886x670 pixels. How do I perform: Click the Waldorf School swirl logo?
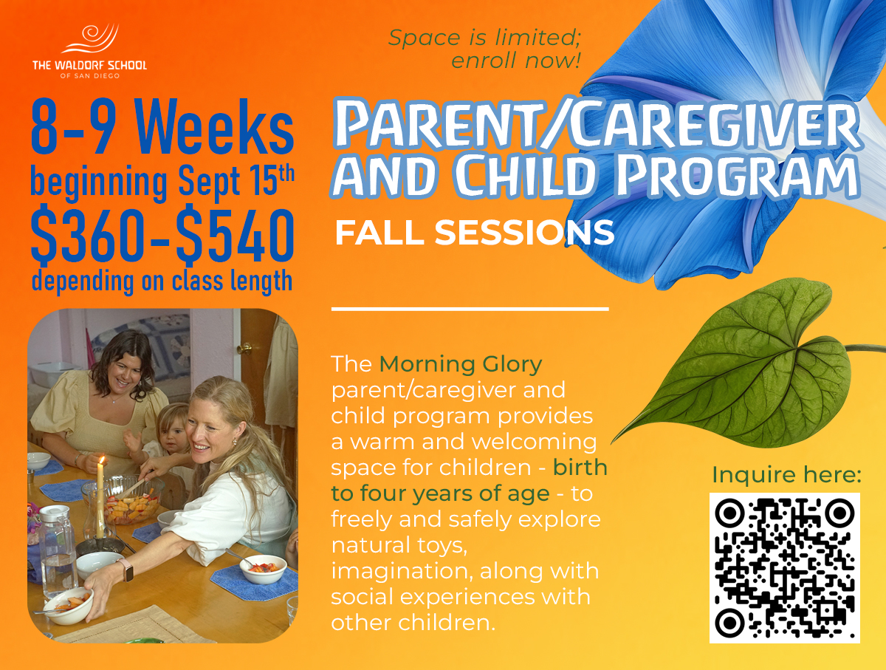(90, 38)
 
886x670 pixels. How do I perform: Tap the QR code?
(784, 567)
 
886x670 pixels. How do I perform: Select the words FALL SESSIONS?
(474, 233)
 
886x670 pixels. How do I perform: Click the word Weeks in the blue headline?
(213, 127)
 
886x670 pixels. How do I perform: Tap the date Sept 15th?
(236, 182)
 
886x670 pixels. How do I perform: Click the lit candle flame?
(102, 460)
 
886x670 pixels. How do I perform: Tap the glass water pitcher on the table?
(57, 551)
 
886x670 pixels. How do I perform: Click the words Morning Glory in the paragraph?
(461, 365)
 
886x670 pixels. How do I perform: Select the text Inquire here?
(786, 474)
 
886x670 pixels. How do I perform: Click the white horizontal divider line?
(470, 310)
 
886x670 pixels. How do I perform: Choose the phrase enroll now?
(515, 61)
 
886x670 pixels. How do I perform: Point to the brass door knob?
(245, 348)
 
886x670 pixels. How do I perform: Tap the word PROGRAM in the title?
(737, 176)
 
